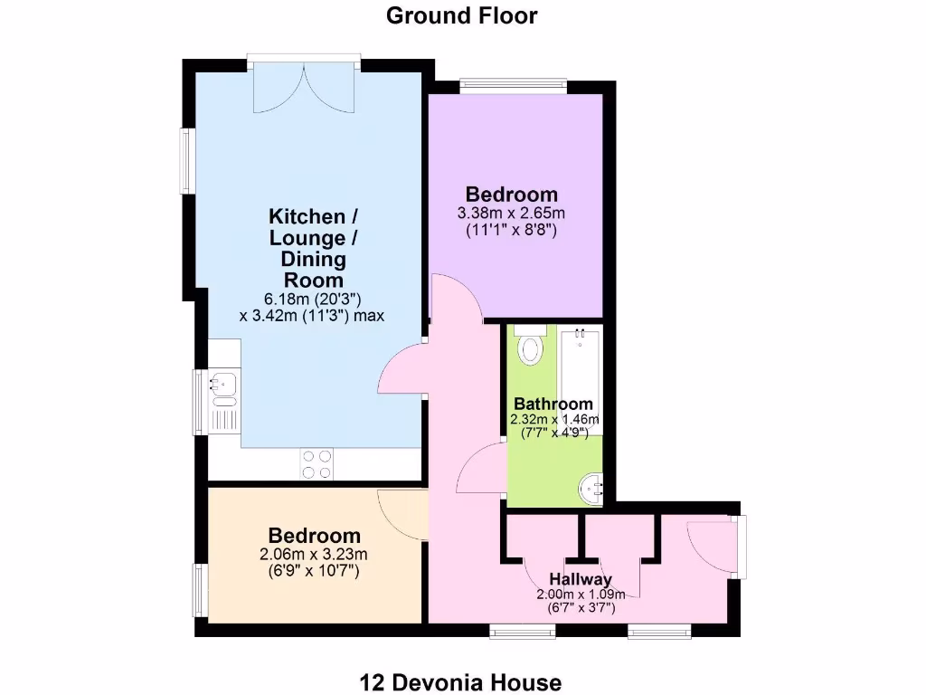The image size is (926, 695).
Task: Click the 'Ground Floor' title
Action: (461, 15)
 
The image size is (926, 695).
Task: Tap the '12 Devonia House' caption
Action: (461, 681)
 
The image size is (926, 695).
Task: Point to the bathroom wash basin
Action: (592, 490)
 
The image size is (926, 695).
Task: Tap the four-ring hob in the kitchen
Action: (317, 463)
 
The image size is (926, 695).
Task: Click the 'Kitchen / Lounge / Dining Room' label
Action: (307, 248)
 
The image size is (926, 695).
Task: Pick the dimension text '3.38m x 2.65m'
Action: (511, 214)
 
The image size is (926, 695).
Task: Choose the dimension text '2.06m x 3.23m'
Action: (314, 555)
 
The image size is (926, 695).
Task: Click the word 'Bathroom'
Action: (553, 404)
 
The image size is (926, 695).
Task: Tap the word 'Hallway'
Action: (580, 579)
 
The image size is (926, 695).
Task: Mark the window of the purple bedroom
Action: (513, 86)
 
